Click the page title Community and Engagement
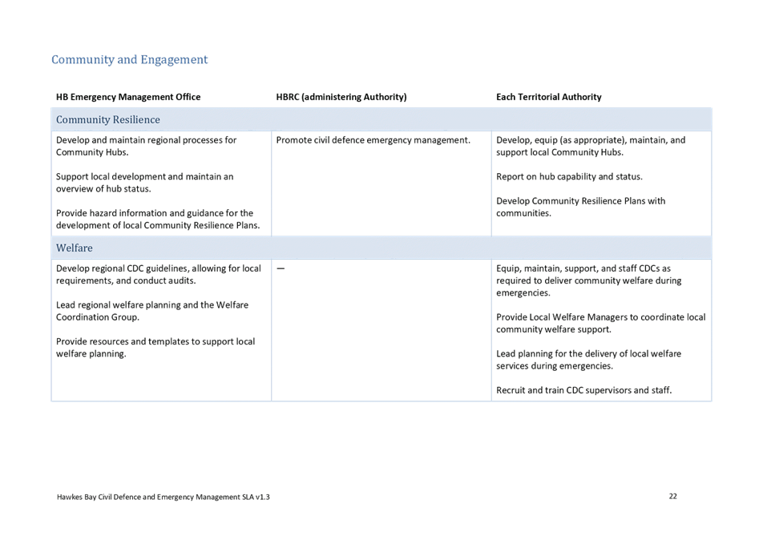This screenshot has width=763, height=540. [x=129, y=59]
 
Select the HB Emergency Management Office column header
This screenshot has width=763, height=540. [x=128, y=97]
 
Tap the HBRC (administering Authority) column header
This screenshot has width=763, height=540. [x=341, y=97]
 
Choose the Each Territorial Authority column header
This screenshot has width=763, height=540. [x=548, y=97]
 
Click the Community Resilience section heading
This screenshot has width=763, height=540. [x=107, y=119]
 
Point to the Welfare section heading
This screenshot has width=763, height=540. [x=74, y=248]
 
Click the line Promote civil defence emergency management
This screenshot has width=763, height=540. [x=373, y=140]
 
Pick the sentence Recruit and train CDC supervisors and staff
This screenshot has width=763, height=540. [x=583, y=390]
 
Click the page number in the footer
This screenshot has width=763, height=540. [x=673, y=496]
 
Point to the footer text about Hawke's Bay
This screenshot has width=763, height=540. [x=163, y=497]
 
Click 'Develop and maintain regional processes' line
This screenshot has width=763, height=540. [x=146, y=140]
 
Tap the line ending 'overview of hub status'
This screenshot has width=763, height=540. [x=103, y=189]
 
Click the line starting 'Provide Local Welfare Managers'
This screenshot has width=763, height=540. [x=600, y=317]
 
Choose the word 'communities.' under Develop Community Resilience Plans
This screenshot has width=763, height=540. [x=523, y=213]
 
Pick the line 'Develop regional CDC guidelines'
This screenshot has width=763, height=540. [x=158, y=268]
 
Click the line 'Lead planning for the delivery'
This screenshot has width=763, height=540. [x=588, y=353]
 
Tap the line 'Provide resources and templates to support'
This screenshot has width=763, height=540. [x=155, y=341]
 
